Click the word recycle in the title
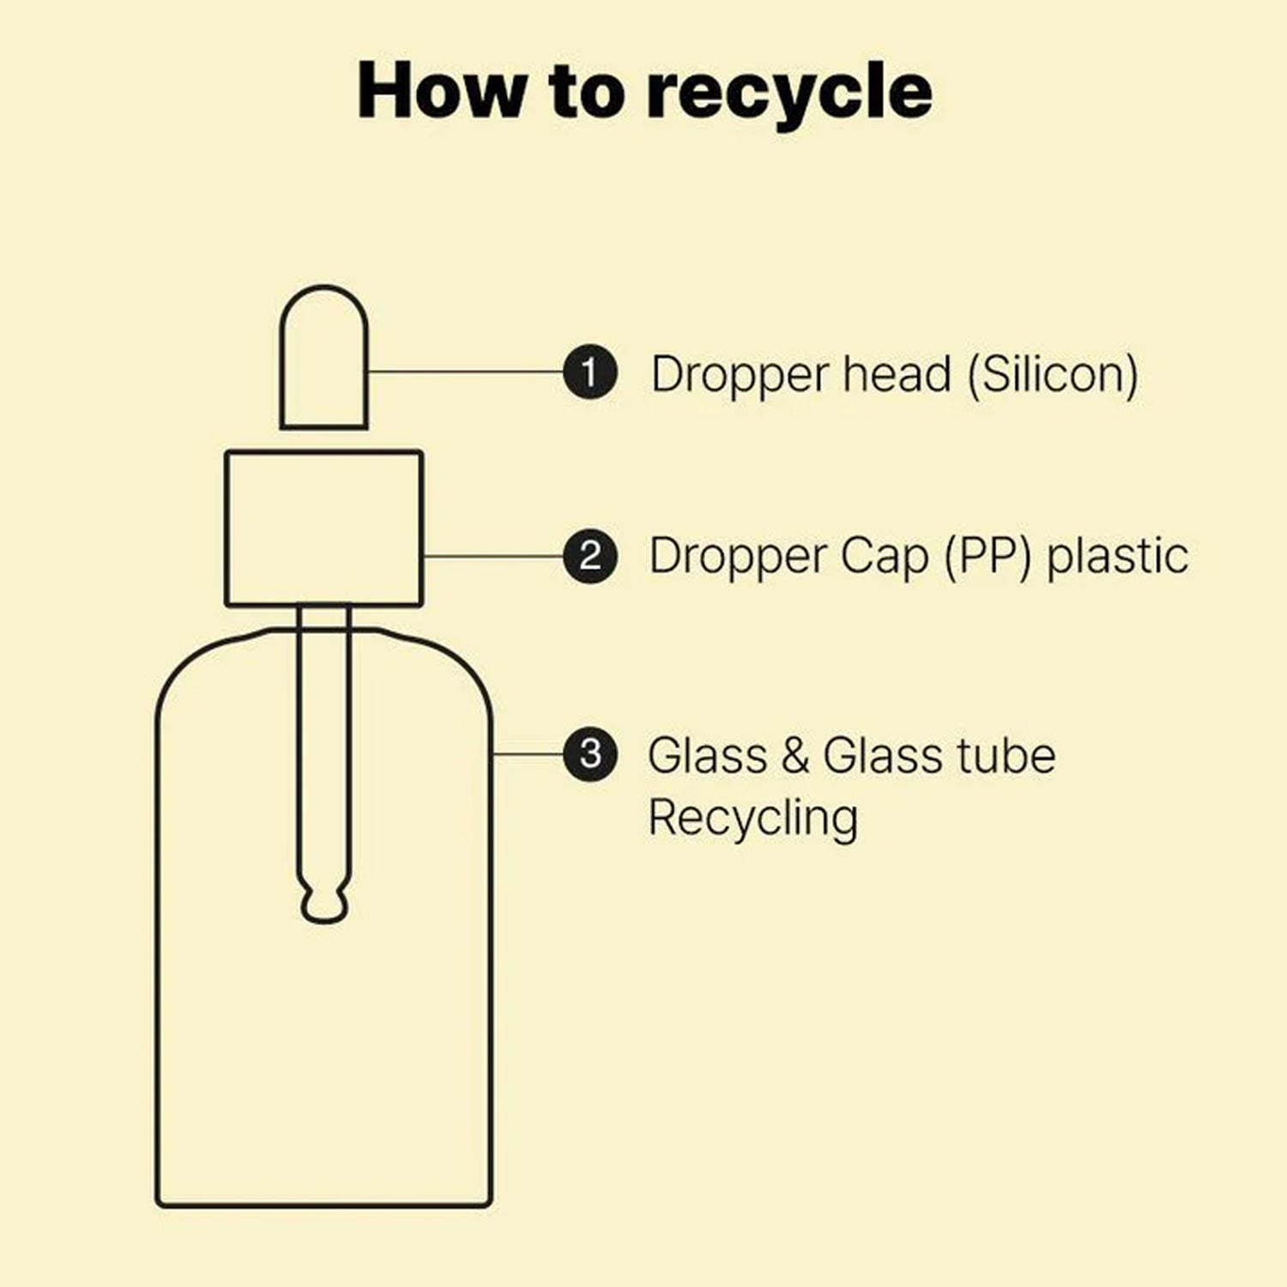pos(789,93)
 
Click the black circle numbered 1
pos(590,372)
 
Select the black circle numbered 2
pos(590,556)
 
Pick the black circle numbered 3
pos(590,754)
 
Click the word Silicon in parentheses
pos(1054,375)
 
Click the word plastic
pos(1117,556)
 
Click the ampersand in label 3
pos(795,755)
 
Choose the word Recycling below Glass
pos(753,818)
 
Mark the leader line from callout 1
pos(466,372)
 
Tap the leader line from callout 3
pos(528,754)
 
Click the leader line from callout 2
pos(493,556)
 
